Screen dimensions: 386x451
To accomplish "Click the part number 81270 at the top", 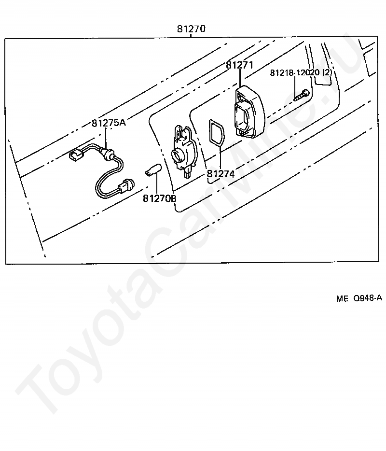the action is pyautogui.click(x=191, y=29).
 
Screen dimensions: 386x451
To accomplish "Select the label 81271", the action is pyautogui.click(x=239, y=65).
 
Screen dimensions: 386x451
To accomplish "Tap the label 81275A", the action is pyautogui.click(x=109, y=123).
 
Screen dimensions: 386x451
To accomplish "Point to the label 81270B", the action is pyautogui.click(x=160, y=198).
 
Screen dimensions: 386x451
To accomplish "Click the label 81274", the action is pyautogui.click(x=221, y=174).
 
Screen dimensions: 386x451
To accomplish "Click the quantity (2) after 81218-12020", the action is pyautogui.click(x=327, y=72).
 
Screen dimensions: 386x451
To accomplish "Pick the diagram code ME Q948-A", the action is pyautogui.click(x=359, y=298).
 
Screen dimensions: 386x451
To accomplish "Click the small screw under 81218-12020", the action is pyautogui.click(x=302, y=95).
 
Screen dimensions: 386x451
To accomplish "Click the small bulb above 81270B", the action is pyautogui.click(x=153, y=169).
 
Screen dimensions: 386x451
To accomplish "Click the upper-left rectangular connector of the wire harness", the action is pyautogui.click(x=76, y=156).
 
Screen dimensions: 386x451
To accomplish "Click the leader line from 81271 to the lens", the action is pyautogui.click(x=240, y=78).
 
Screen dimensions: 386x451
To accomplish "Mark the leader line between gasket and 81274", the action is pyautogui.click(x=220, y=157).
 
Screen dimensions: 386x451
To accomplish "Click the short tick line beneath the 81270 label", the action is pyautogui.click(x=191, y=35).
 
